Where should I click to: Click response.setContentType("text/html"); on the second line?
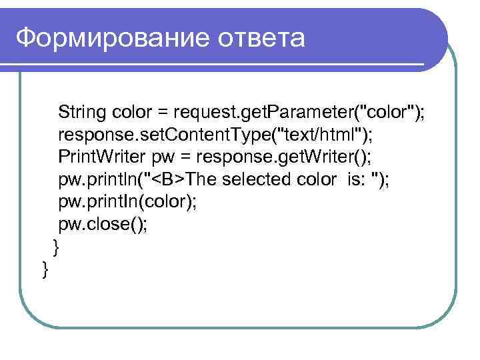pos(216,134)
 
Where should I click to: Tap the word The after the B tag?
pos(203,179)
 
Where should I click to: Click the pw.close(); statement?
pos(103,225)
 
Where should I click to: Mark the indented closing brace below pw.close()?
pos(56,247)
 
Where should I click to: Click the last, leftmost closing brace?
pos(44,269)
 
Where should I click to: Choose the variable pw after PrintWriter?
pos(164,158)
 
